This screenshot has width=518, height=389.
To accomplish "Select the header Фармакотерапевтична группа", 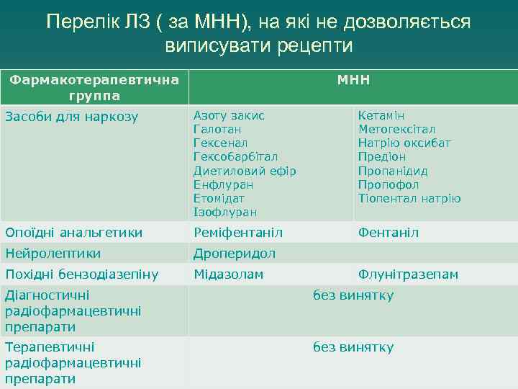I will (94, 87).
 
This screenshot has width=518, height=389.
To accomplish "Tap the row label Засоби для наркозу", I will (71, 117).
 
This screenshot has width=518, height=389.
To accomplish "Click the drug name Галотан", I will (217, 129).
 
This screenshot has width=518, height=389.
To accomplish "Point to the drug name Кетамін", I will (381, 115).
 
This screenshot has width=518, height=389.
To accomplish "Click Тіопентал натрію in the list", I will (409, 198).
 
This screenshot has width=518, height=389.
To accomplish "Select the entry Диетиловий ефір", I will (245, 171).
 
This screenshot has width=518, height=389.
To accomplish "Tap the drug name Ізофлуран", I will (224, 212).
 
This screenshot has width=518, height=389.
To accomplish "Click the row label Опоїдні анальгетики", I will (73, 233).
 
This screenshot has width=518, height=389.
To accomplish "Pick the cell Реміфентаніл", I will (238, 233).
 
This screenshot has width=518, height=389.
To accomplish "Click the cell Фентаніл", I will (388, 233).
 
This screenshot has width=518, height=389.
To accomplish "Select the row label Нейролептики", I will (53, 254).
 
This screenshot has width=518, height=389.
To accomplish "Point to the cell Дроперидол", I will (234, 254).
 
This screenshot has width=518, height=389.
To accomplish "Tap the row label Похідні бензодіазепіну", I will (81, 274).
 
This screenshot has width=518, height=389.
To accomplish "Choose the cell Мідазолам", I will (228, 274).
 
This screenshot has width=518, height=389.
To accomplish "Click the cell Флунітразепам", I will (408, 274).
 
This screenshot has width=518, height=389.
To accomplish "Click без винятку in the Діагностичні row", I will (353, 295).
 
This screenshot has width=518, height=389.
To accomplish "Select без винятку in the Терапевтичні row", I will (353, 347).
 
